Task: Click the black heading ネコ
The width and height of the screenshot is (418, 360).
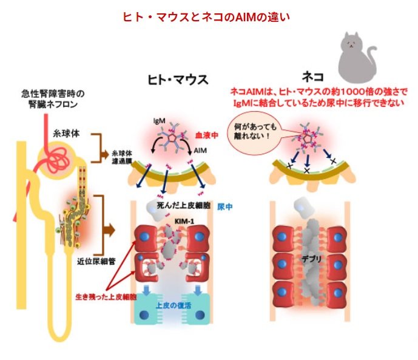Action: [x=312, y=77]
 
